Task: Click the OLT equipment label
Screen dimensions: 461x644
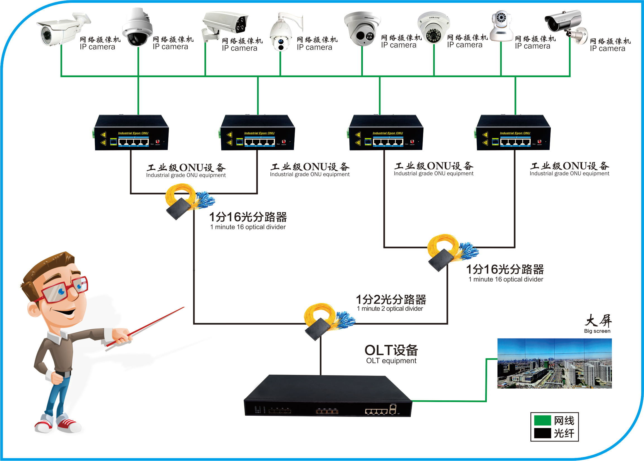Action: click(x=391, y=361)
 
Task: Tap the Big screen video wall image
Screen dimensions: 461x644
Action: click(x=554, y=363)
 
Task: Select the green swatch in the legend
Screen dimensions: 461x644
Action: click(x=542, y=420)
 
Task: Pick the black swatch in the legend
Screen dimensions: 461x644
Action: click(x=542, y=433)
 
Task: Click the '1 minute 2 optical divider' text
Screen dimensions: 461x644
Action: click(x=390, y=309)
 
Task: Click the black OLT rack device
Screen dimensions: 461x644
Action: click(x=327, y=398)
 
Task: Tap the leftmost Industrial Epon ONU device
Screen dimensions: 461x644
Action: click(x=131, y=133)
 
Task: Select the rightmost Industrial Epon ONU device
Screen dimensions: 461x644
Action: click(x=513, y=133)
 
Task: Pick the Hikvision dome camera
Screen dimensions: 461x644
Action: click(x=362, y=29)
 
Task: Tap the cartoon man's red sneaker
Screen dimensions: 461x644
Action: click(x=68, y=424)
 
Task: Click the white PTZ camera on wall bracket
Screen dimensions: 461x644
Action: click(x=282, y=33)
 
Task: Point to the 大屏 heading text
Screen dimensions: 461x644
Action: click(x=598, y=321)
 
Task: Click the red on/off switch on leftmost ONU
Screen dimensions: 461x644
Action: click(x=157, y=141)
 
